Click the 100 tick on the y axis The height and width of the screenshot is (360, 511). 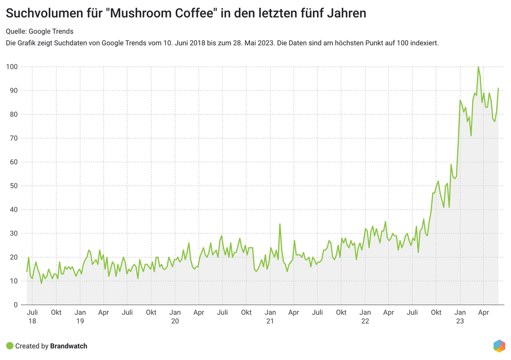click(x=12, y=67)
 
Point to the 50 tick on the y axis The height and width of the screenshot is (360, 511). click(x=14, y=186)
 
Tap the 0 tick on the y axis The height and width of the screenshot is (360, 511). click(x=16, y=305)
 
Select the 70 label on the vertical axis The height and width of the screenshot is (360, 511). click(x=14, y=138)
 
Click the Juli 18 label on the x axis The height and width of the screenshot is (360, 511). click(x=32, y=317)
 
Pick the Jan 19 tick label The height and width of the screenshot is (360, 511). click(x=80, y=317)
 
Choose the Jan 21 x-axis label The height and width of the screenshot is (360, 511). click(x=270, y=317)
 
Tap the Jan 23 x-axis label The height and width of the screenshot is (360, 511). click(x=460, y=317)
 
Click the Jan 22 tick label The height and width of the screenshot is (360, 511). click(x=365, y=317)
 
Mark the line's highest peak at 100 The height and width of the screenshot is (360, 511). click(x=478, y=67)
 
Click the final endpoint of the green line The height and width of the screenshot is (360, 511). click(x=498, y=88)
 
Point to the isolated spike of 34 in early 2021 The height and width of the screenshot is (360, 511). click(x=280, y=224)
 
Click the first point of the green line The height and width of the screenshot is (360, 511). click(x=27, y=272)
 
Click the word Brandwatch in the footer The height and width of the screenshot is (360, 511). click(x=68, y=346)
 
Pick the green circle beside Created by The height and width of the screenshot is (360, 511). click(x=9, y=346)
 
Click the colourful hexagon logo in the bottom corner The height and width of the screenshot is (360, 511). click(x=499, y=346)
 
